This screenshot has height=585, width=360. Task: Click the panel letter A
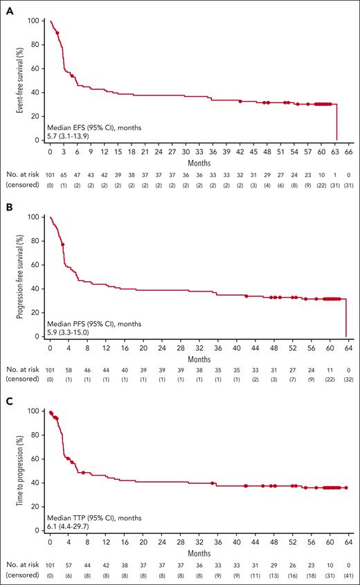6,6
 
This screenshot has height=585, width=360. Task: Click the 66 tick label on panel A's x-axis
349,150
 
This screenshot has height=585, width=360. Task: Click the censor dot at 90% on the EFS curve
57,33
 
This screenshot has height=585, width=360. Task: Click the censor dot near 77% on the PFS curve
63,244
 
